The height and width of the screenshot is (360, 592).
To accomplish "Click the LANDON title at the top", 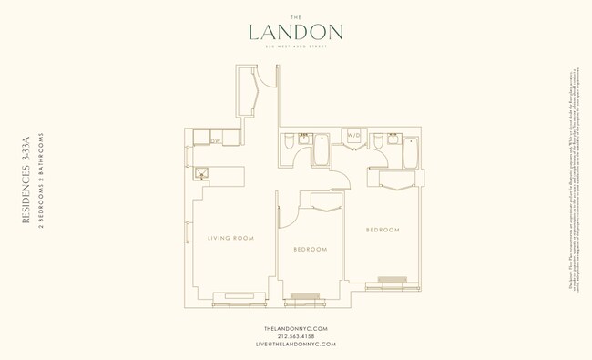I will point(296,32).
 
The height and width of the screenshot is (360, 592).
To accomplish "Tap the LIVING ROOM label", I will point(230,238).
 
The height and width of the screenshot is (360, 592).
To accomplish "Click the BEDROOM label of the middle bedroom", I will point(311,249).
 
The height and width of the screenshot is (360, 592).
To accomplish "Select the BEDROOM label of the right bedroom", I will point(383,230).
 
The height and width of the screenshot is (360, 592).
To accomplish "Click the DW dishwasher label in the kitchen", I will point(216,140).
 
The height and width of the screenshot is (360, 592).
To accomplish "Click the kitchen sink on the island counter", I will point(202,171).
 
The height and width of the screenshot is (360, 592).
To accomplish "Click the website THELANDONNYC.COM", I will point(295,327).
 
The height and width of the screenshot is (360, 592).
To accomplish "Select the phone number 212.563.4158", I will point(295,335).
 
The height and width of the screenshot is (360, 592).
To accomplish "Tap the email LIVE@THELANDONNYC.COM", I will point(295,344).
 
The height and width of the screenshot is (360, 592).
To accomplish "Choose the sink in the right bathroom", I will point(392,139).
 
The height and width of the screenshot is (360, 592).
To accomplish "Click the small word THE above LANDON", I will point(296,15).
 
